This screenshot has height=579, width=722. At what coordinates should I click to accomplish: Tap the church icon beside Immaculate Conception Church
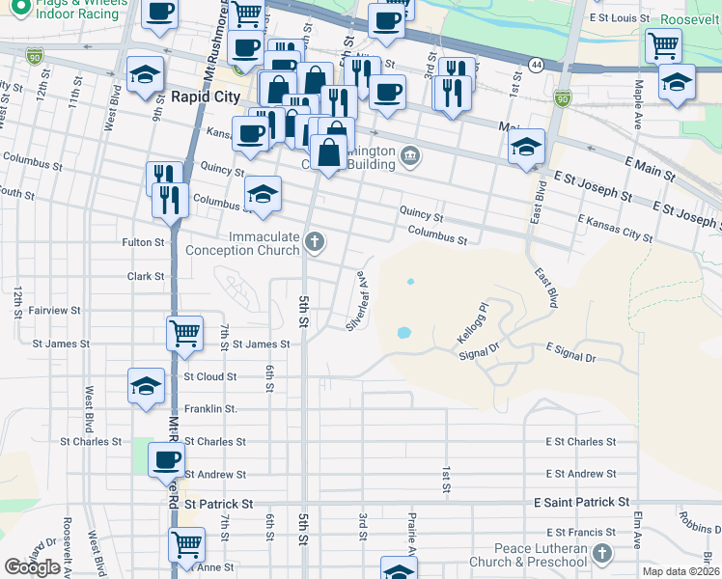pos(314,240)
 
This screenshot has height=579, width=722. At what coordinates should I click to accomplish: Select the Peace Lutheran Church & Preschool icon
pos(603,554)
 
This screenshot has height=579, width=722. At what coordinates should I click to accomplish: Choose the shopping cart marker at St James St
pos(184,334)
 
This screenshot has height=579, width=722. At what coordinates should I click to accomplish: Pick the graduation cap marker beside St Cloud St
pos(146,386)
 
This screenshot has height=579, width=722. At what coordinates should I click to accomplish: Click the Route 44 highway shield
pos(534,63)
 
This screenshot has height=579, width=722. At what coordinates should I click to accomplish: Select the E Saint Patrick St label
pos(581,503)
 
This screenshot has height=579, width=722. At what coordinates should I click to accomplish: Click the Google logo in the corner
pos(32,567)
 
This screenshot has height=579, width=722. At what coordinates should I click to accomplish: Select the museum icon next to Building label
pos(410,155)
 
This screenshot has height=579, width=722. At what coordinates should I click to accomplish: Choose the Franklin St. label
pos(210,409)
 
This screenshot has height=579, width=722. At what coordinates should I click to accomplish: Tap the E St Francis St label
pos(580,533)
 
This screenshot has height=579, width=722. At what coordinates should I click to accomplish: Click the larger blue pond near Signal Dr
pos(403,334)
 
